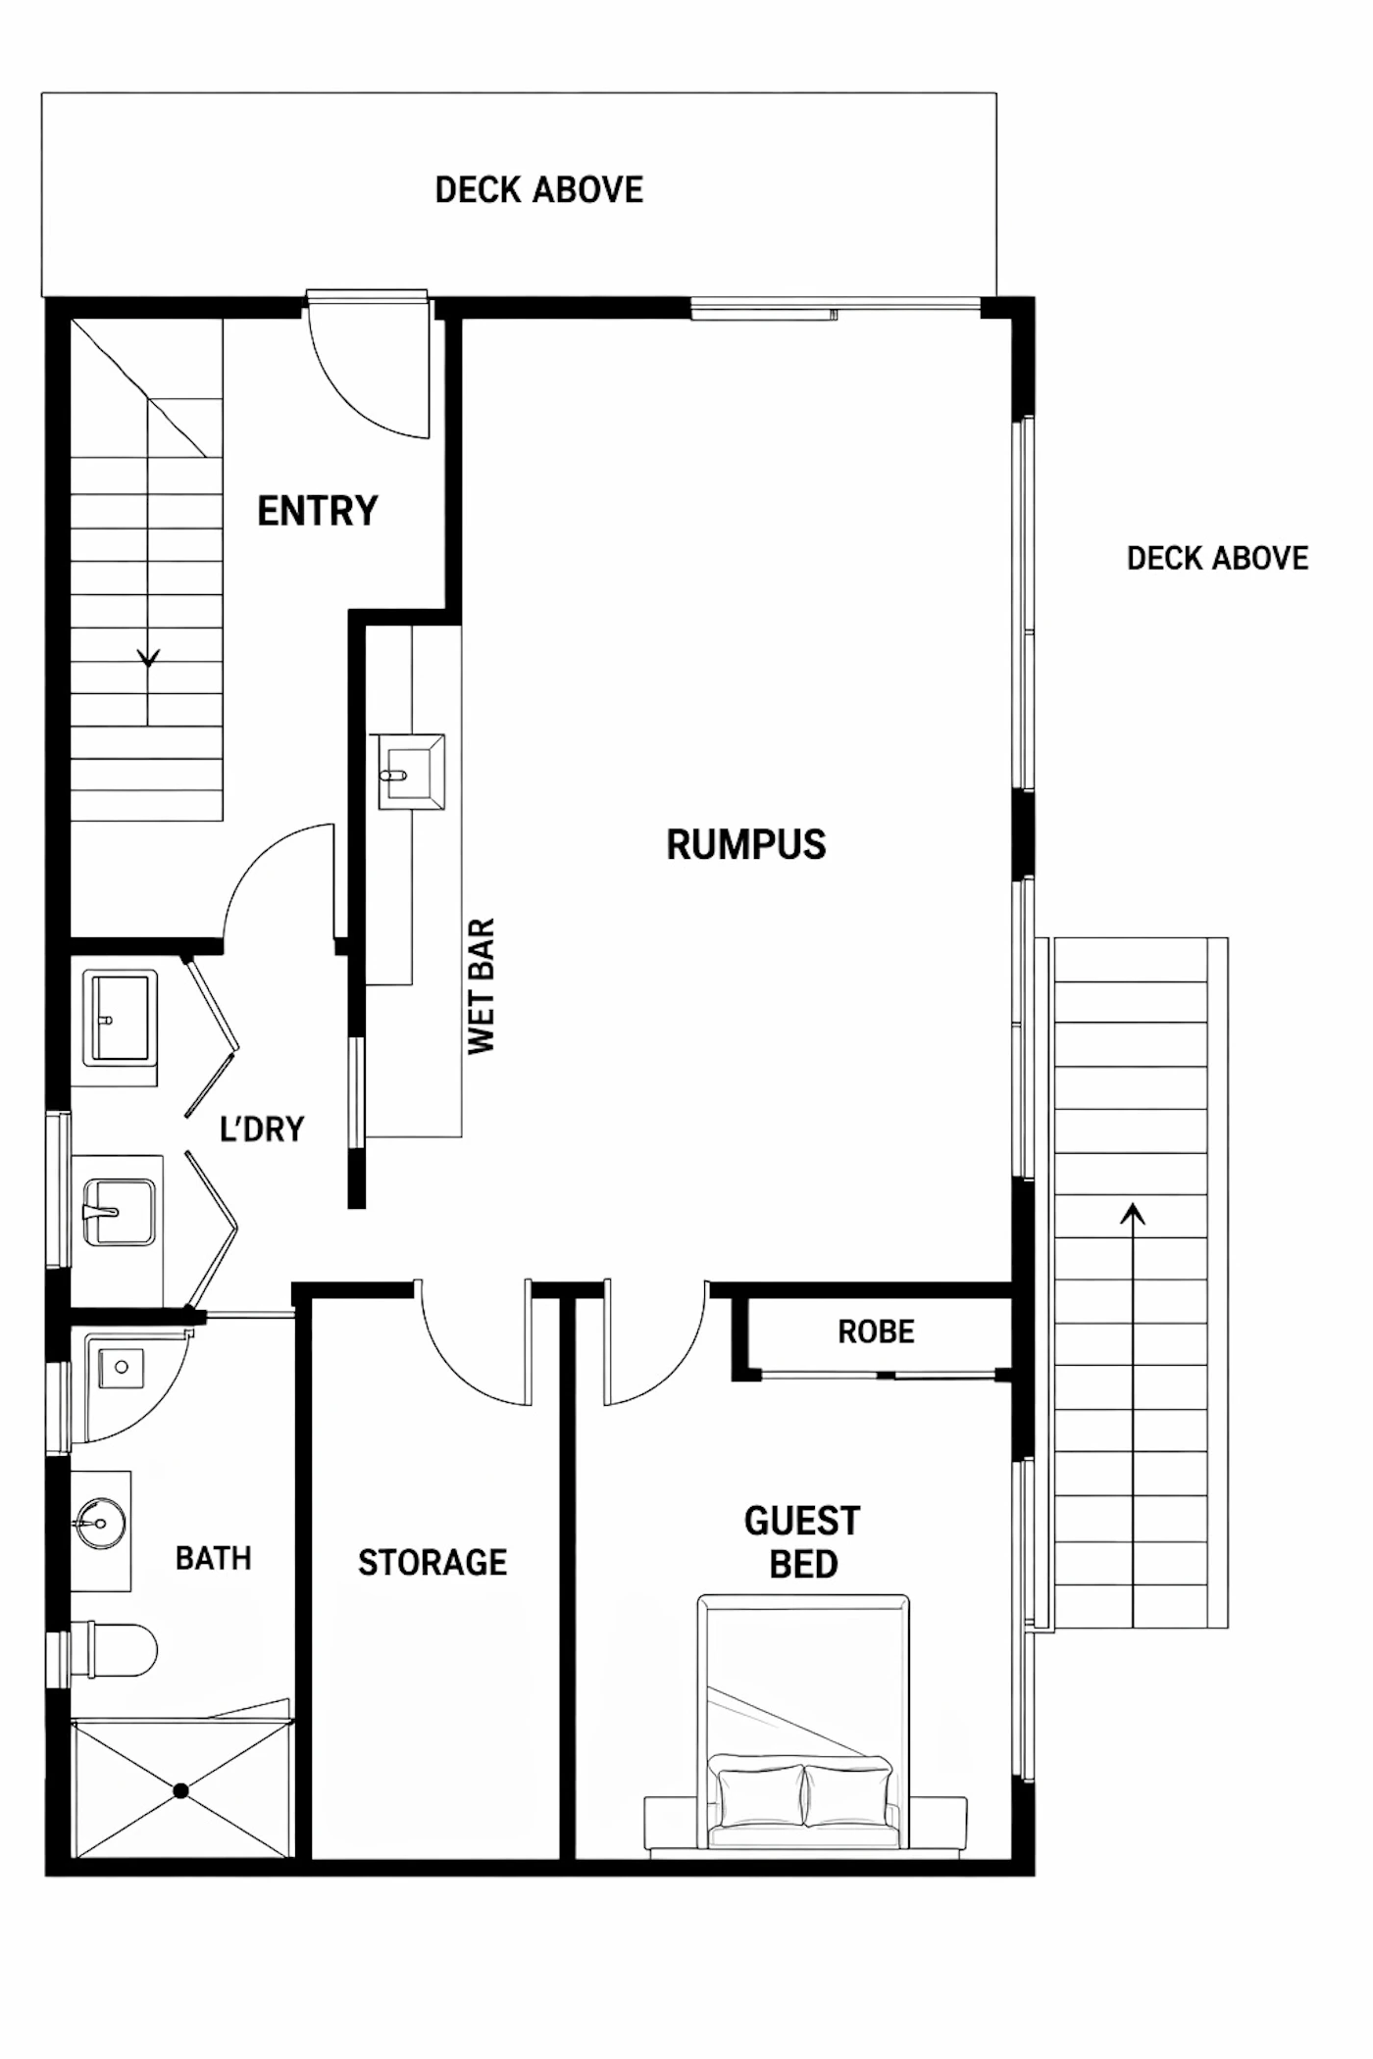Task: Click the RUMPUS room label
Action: (746, 844)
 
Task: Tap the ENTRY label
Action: (318, 511)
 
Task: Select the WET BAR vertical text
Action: (482, 986)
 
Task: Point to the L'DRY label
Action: (262, 1129)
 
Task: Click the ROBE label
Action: (876, 1331)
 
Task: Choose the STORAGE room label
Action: (432, 1562)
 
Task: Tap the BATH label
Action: (214, 1558)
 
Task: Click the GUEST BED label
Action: (802, 1542)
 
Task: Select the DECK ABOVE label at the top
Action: (539, 190)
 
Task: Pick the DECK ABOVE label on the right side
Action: (1217, 559)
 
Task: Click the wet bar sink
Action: (412, 773)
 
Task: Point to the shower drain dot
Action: (180, 1790)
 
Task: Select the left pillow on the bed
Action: (761, 1795)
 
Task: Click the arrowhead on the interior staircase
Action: (148, 657)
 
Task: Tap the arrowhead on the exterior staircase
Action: (1133, 1214)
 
